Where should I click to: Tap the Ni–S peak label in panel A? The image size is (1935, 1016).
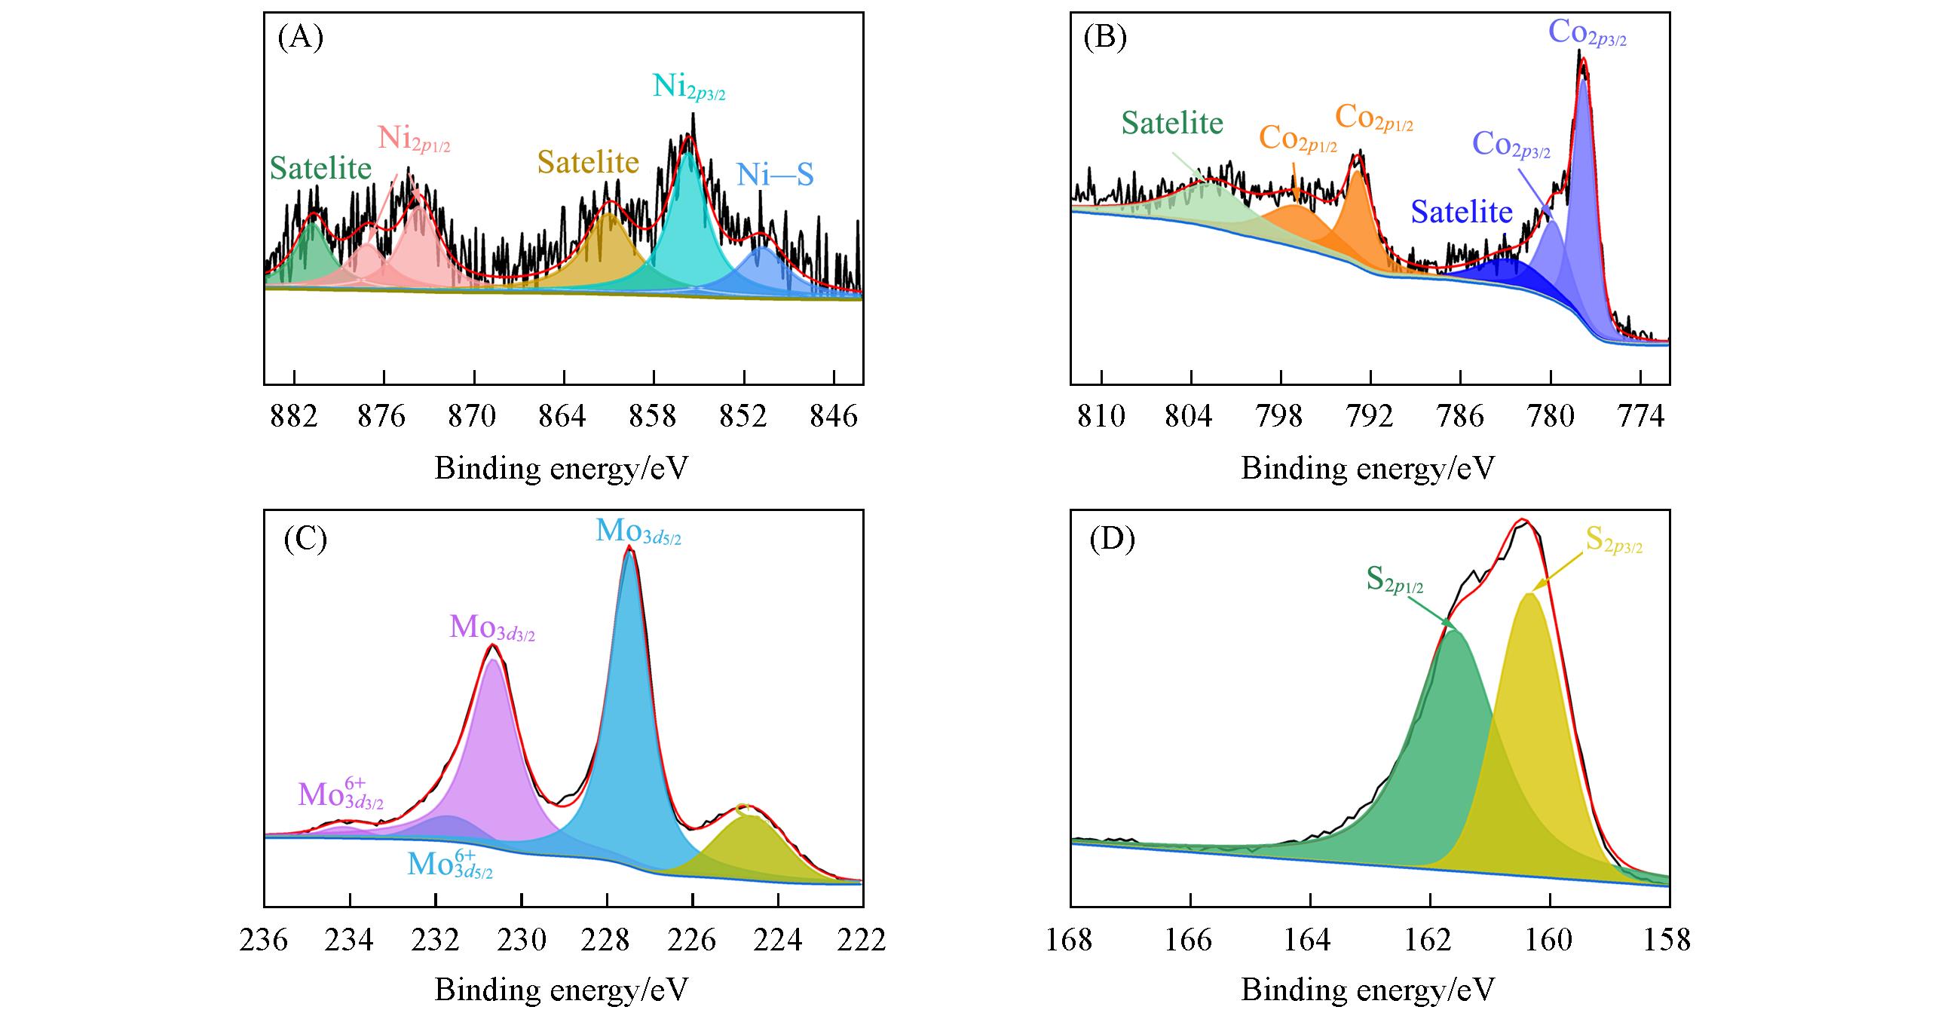[x=775, y=176]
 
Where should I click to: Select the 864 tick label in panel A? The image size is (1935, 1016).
[x=564, y=416]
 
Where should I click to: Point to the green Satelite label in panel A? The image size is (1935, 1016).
[x=321, y=168]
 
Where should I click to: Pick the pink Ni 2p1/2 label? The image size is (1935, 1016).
[x=414, y=139]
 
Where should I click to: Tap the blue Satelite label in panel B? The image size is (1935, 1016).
[x=1462, y=212]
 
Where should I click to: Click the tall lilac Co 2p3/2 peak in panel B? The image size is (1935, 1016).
[x=1583, y=151]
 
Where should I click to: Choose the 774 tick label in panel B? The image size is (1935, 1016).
[x=1640, y=416]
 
